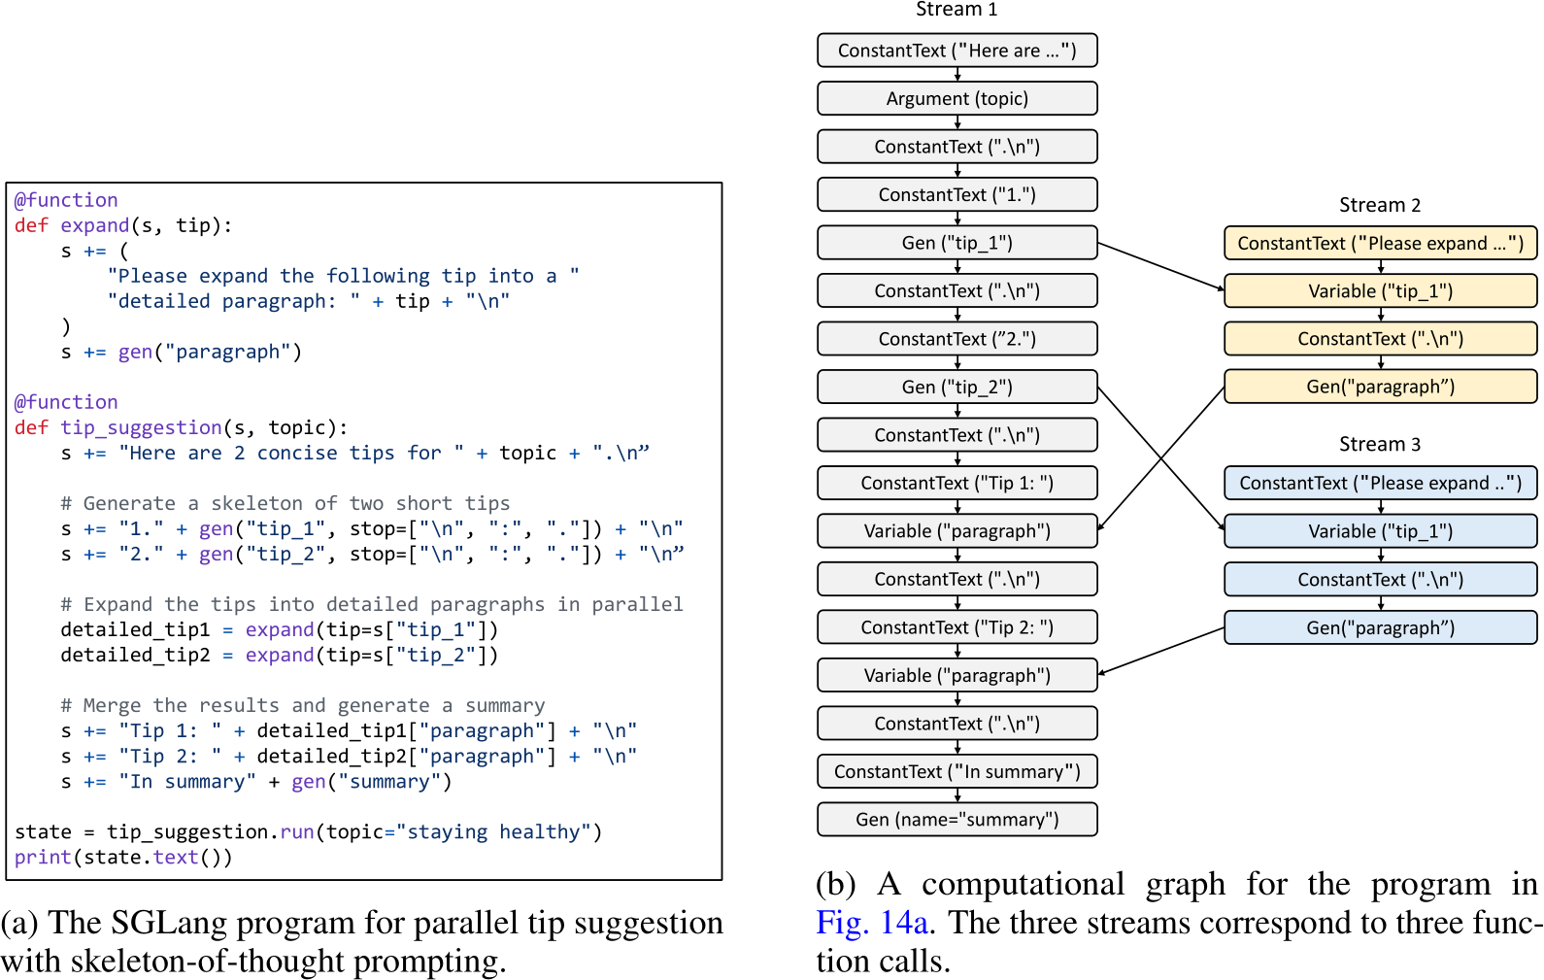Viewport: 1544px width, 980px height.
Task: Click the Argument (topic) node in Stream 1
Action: [x=957, y=98]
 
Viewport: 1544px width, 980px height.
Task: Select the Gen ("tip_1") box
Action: [x=957, y=243]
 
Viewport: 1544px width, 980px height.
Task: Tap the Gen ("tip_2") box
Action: [x=957, y=387]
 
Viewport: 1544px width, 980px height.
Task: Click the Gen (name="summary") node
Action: [x=957, y=820]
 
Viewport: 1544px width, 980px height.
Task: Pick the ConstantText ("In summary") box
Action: [x=957, y=771]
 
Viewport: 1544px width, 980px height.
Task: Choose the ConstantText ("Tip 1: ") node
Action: [x=957, y=483]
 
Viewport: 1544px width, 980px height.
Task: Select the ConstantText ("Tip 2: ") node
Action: [x=957, y=627]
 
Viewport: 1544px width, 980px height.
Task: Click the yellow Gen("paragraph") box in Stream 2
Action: [x=1380, y=387]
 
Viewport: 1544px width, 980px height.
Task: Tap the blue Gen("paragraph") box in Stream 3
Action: [x=1380, y=627]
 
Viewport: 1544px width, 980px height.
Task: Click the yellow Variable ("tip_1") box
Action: [x=1380, y=290]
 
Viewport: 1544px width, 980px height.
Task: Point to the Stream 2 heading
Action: [x=1379, y=205]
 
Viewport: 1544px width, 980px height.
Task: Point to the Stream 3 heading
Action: [x=1379, y=444]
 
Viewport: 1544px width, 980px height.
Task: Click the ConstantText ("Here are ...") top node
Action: [x=957, y=51]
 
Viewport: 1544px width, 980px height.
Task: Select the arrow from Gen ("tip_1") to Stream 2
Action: [x=1160, y=265]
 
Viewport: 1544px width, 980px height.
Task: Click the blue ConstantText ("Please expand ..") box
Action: [x=1380, y=483]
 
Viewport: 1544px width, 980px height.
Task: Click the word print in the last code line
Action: [x=43, y=858]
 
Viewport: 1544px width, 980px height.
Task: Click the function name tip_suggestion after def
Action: [x=141, y=427]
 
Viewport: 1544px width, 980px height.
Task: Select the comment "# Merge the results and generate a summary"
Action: [x=302, y=705]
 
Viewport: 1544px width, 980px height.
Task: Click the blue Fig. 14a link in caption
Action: [x=871, y=922]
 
